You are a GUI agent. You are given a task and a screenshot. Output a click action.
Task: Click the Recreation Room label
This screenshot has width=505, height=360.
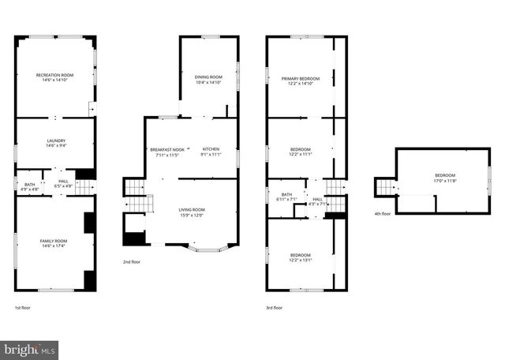[x=54, y=75]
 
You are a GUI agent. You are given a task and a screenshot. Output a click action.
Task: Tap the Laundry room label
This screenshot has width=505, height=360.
[x=55, y=141]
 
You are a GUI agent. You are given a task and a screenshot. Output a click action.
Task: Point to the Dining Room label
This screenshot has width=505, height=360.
[x=208, y=77]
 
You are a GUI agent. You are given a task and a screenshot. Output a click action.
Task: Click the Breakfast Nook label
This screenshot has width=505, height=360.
[x=166, y=149]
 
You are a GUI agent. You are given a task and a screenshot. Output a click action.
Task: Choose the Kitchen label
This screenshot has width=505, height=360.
[x=211, y=149]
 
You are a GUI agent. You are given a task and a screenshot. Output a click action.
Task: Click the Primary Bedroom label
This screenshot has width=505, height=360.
[x=301, y=78]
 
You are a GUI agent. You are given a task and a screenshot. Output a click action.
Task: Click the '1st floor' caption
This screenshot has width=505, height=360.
[x=23, y=308]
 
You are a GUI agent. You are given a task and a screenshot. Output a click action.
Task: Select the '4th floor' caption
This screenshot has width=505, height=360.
[x=383, y=213]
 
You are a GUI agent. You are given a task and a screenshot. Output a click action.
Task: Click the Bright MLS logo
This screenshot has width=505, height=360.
[x=30, y=348]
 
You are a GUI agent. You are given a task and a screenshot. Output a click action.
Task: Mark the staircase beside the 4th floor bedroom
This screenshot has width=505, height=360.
[x=386, y=187]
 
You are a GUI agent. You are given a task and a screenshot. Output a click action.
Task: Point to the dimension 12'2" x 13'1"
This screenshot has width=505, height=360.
[x=301, y=261]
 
